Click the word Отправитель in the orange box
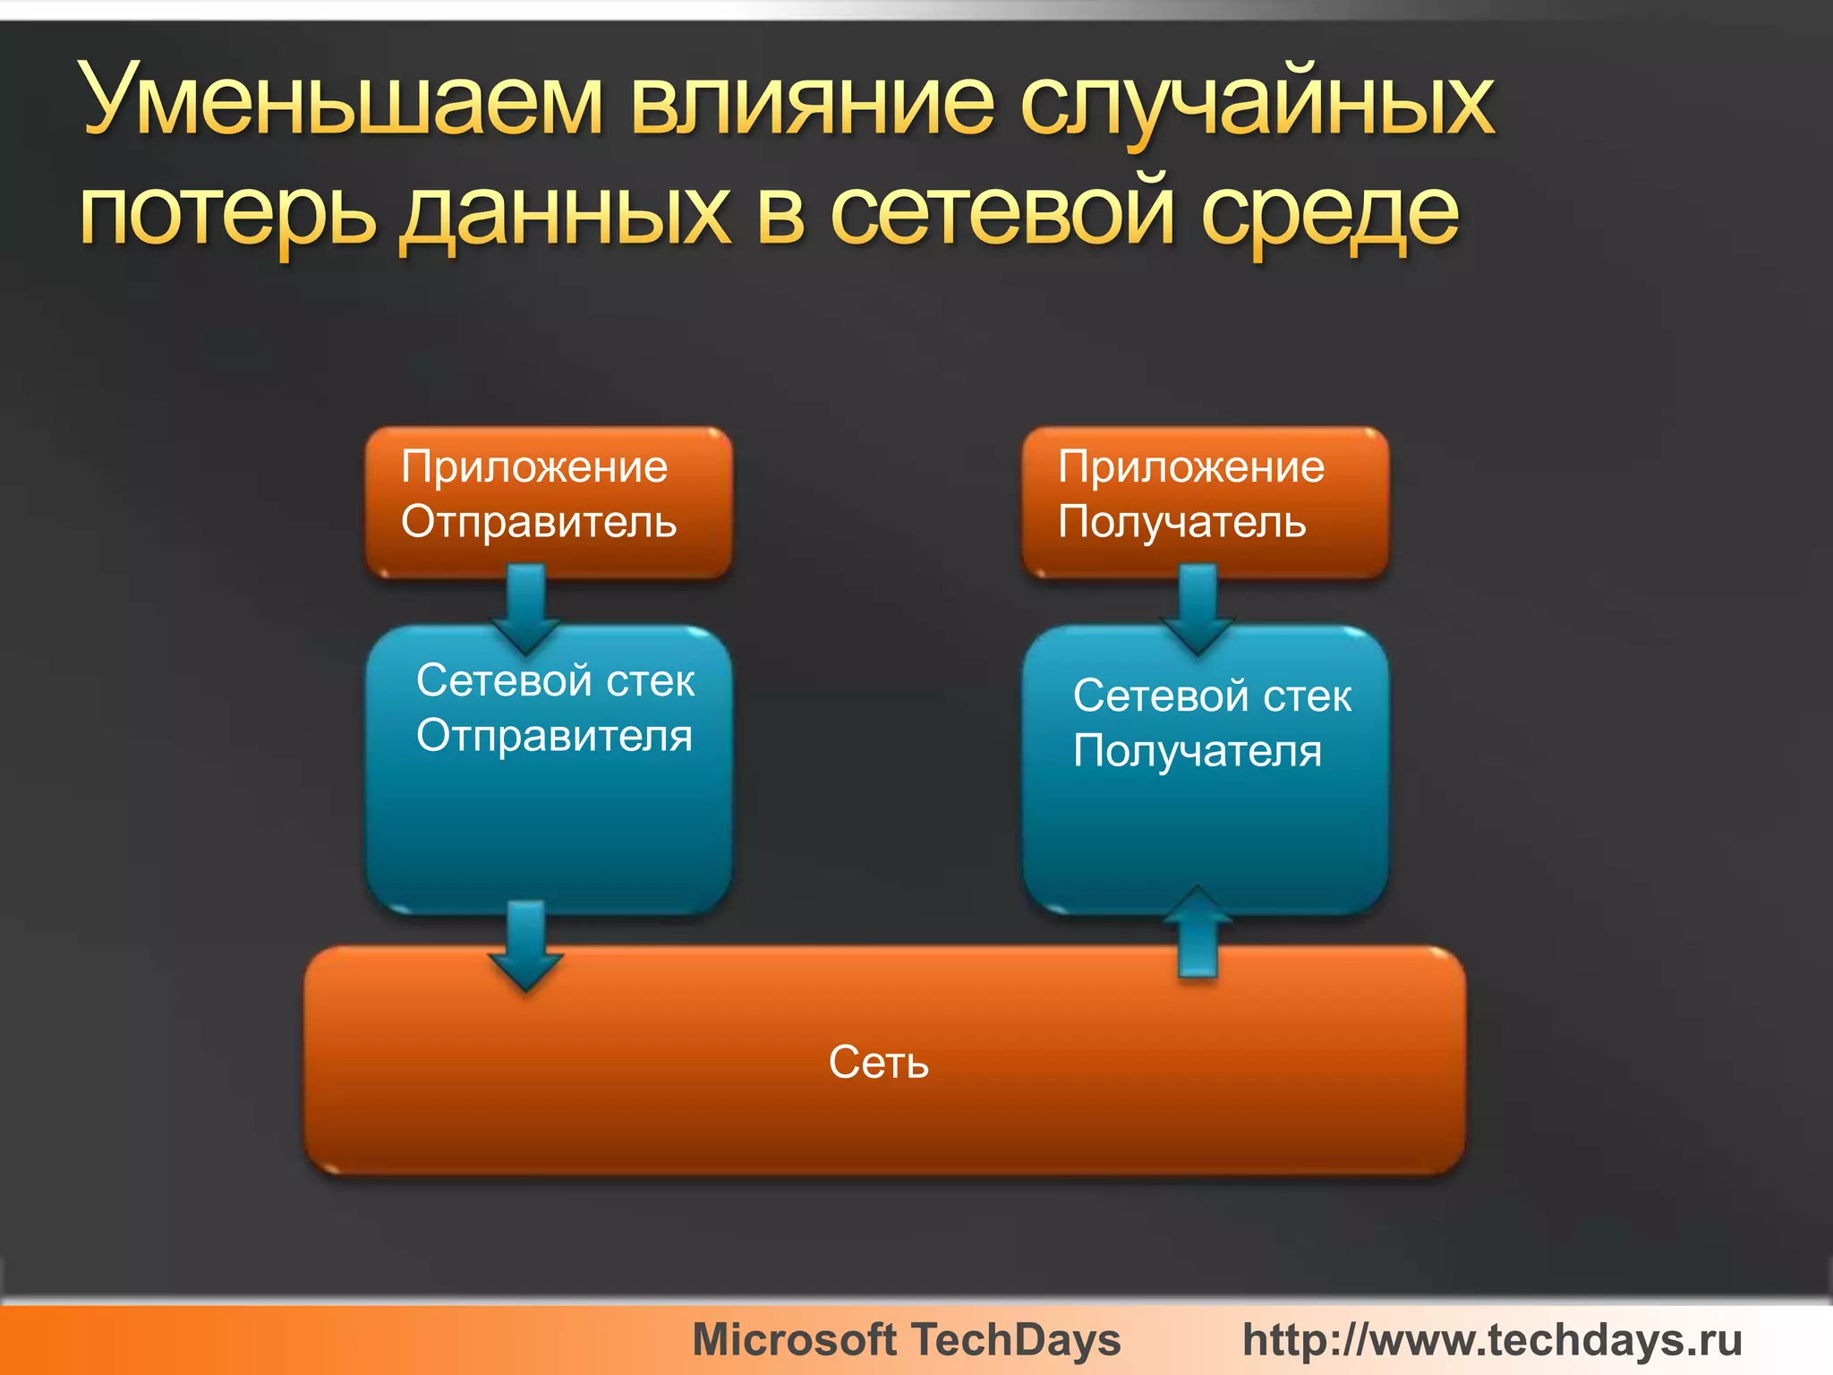tap(539, 522)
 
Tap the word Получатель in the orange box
tap(1182, 522)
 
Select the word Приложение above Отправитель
tap(534, 466)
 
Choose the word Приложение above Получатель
tap(1191, 466)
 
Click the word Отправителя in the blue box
tap(555, 736)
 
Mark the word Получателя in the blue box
tap(1198, 750)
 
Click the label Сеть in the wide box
tap(879, 1063)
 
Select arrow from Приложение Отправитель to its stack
tap(526, 609)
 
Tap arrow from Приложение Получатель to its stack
tap(1198, 609)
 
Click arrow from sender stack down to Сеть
tap(526, 944)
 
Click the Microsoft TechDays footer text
tap(907, 1340)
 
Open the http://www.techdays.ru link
tap(1492, 1340)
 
